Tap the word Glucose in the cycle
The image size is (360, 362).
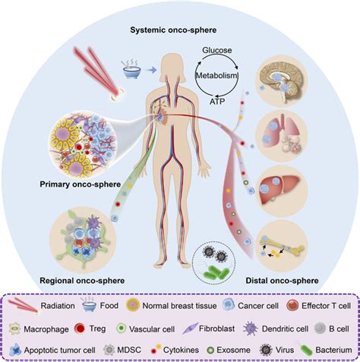[216, 50]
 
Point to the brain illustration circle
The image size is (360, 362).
[281, 83]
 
